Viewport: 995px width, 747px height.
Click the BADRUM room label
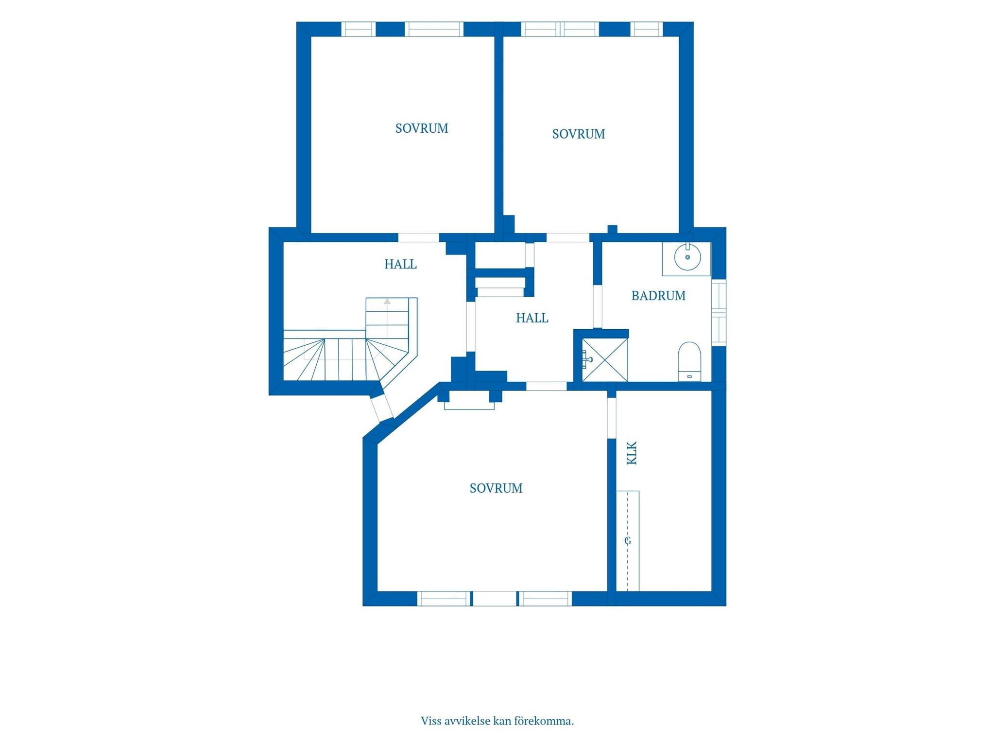click(658, 296)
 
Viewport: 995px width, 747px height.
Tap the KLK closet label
click(632, 453)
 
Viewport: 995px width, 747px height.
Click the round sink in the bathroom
click(687, 257)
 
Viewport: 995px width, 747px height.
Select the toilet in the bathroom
click(689, 361)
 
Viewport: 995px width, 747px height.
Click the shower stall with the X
click(605, 360)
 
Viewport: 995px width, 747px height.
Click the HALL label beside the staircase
click(400, 264)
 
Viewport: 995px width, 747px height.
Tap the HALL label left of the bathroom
click(532, 318)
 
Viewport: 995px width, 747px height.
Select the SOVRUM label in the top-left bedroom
click(422, 128)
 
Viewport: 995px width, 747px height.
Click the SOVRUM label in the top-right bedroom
click(579, 134)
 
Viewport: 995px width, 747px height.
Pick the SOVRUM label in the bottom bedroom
click(496, 488)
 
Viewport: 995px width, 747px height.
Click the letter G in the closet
click(628, 541)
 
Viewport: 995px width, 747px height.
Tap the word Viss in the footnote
click(431, 721)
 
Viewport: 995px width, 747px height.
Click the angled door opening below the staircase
click(382, 407)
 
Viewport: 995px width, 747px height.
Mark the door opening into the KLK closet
click(612, 418)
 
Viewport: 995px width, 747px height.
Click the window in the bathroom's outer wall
click(719, 313)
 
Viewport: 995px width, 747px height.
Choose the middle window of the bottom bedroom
click(495, 599)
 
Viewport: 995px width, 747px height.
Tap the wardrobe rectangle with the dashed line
click(628, 541)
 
